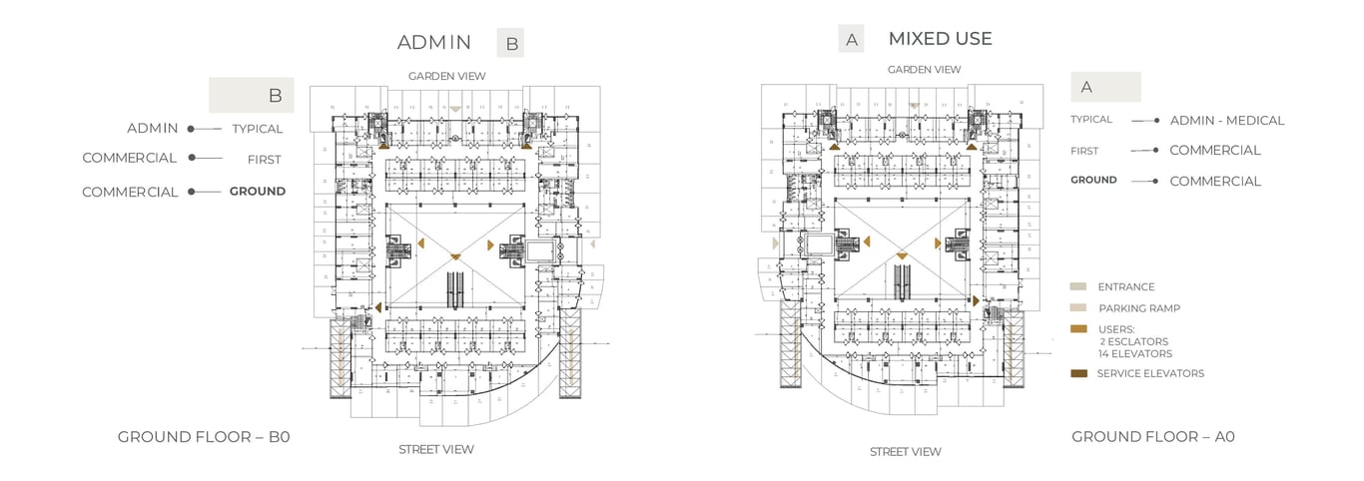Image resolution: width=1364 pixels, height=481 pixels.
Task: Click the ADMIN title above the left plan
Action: [433, 42]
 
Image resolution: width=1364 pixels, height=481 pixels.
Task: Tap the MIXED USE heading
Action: [940, 39]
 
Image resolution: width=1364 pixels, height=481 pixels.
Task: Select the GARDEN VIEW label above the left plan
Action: [446, 76]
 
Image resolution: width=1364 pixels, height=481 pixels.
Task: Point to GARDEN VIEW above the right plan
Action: [924, 70]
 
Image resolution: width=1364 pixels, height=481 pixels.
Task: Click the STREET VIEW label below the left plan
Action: [436, 449]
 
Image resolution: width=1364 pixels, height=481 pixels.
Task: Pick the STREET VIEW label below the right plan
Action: [905, 452]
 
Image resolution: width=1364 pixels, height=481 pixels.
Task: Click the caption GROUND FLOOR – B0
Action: [204, 436]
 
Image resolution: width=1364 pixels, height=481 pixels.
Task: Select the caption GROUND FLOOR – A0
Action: [1153, 436]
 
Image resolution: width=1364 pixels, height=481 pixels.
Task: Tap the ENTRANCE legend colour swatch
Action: [1077, 286]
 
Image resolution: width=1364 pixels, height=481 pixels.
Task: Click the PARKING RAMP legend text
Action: [1138, 308]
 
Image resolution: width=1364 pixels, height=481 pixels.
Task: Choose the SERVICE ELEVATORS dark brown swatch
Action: [1078, 373]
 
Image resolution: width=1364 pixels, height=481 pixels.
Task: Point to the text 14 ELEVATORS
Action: [1135, 353]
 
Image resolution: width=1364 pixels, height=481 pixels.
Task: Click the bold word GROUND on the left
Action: [257, 191]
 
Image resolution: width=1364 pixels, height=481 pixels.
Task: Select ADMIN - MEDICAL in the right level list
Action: [1226, 121]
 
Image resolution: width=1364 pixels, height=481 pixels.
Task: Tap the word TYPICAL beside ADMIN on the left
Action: [258, 129]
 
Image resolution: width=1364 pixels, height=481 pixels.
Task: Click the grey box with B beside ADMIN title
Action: [510, 43]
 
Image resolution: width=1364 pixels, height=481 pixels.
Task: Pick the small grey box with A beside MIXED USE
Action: [851, 40]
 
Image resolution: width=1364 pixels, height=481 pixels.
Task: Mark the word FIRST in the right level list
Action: [1084, 151]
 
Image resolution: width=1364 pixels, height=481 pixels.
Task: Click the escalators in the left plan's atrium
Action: [456, 290]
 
